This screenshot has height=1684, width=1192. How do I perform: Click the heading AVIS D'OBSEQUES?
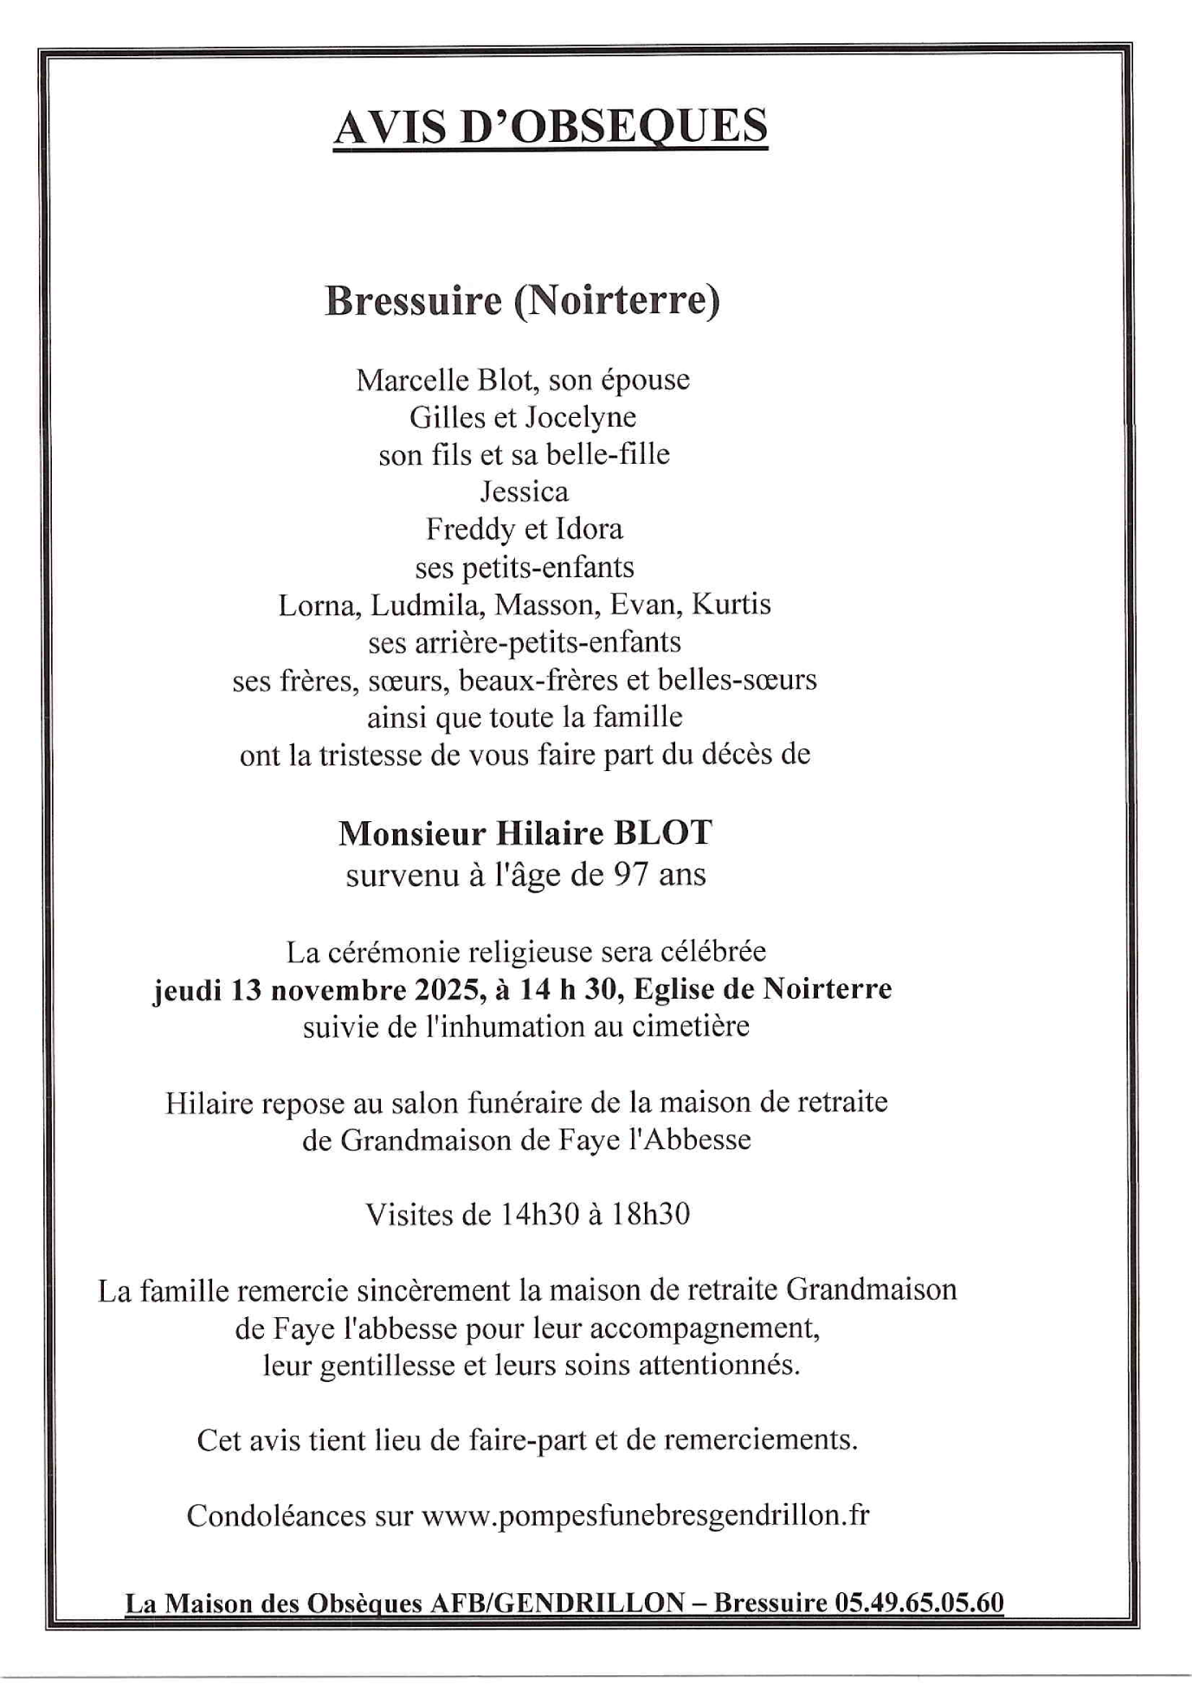tap(551, 126)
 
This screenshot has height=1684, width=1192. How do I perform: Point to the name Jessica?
tap(524, 492)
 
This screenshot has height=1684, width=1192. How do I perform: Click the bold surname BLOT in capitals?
tap(663, 832)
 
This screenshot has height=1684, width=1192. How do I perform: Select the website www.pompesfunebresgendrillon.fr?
tap(645, 1514)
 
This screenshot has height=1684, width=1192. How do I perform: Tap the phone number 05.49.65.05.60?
tap(919, 1603)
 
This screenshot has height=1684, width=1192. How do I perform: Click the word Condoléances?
tap(276, 1514)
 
